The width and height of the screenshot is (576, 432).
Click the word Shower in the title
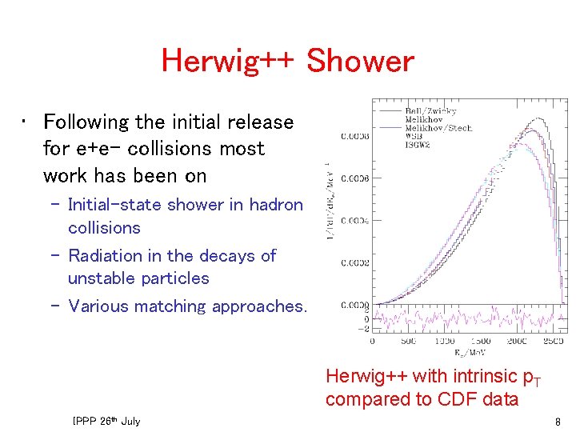360,61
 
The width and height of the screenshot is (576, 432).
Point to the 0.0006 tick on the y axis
355,178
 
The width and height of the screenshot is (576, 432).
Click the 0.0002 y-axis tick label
355,262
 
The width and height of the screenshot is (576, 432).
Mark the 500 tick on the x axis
408,341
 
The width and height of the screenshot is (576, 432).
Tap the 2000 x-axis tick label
517,341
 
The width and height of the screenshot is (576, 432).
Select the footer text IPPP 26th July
106,421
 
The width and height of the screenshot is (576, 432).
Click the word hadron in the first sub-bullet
276,205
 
